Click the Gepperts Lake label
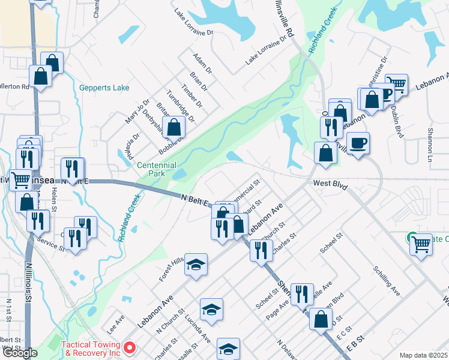(104, 88)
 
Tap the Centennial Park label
(157, 170)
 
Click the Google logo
(20, 353)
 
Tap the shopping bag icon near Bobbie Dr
(174, 127)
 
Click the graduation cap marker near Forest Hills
(196, 264)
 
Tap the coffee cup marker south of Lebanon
(358, 143)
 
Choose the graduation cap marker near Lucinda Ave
(211, 309)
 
